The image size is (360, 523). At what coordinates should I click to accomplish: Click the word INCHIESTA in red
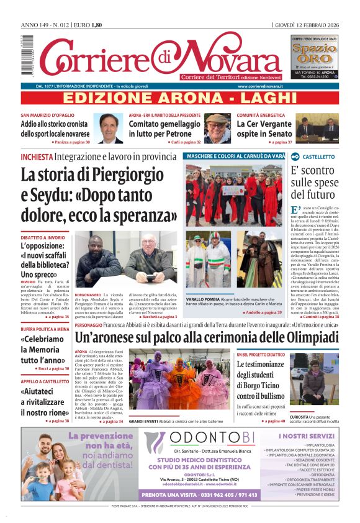[x=37, y=157]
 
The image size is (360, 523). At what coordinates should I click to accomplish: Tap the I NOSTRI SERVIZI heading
[x=306, y=436]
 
